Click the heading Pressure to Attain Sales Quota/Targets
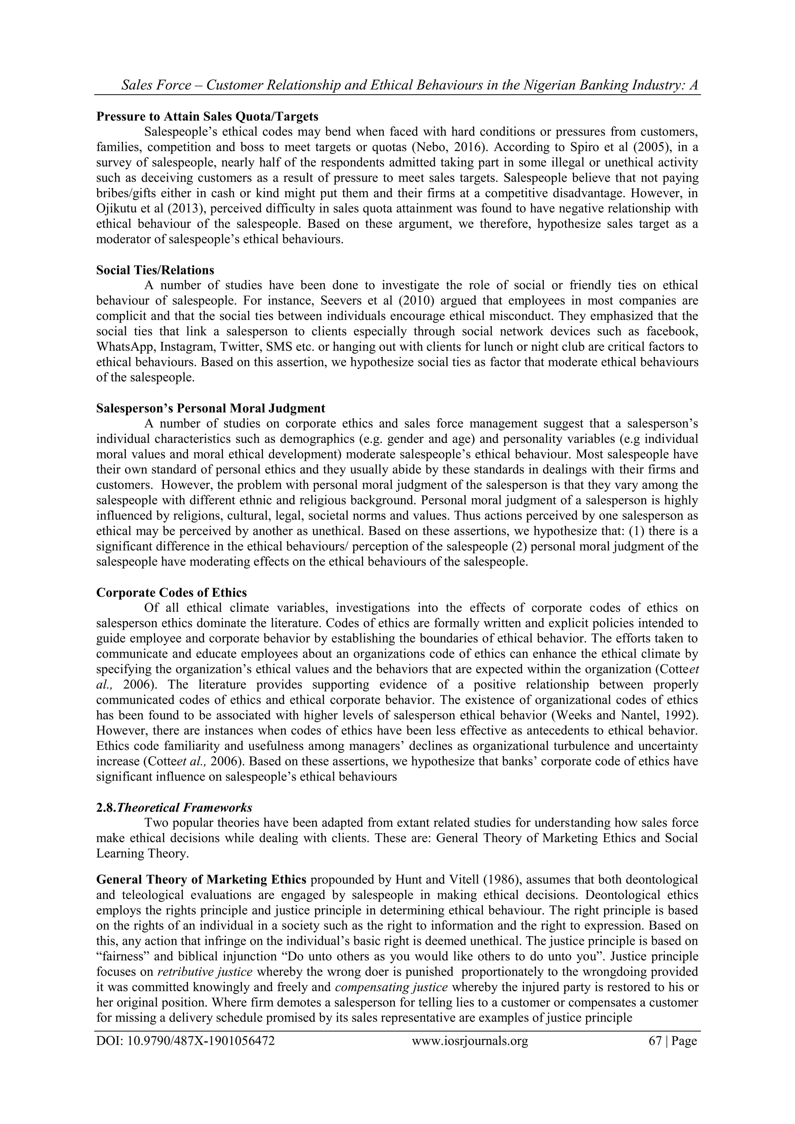click(x=207, y=116)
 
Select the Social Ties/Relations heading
click(x=155, y=270)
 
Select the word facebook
click(x=672, y=332)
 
